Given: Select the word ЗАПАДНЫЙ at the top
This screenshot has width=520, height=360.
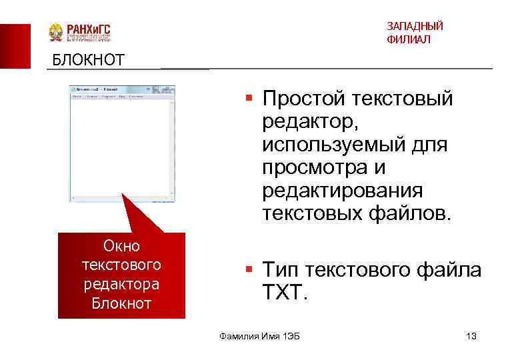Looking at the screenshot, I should point(414,27).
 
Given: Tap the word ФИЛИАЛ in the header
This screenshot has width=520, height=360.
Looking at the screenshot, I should point(408,40).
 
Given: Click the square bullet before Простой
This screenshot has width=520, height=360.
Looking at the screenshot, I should point(248,98).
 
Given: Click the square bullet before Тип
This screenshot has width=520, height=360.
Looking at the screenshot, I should point(248,269).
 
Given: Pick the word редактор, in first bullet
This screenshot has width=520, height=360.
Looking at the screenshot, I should point(311,122).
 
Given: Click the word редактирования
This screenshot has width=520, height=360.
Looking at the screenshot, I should point(342,191).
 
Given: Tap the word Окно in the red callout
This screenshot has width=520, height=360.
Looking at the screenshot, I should point(121,247).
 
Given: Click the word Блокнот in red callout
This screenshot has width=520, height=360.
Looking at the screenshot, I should point(121,303).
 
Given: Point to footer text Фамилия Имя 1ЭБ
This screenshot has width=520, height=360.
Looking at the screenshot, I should point(259,336).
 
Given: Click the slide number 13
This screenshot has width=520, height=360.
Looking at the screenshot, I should point(471,336).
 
